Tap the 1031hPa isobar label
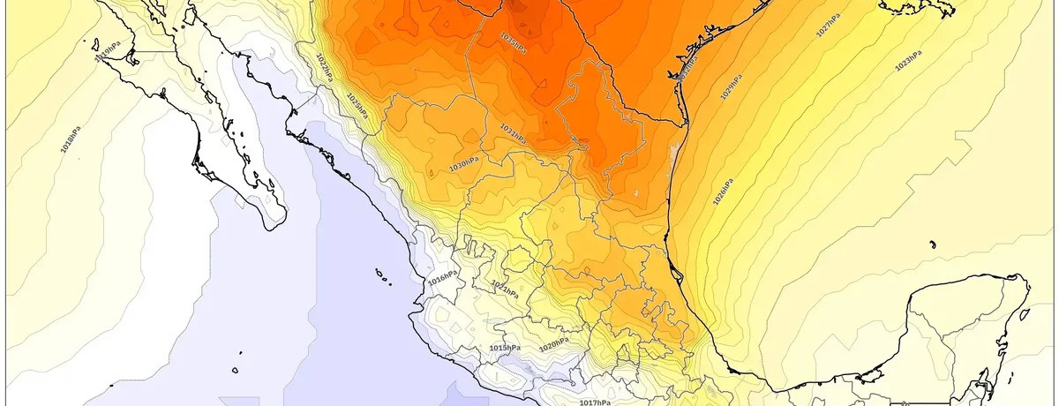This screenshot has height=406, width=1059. (513, 133)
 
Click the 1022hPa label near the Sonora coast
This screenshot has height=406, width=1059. (324, 66)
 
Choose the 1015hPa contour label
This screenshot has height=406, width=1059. (505, 349)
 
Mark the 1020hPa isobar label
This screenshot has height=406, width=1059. (553, 344)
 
